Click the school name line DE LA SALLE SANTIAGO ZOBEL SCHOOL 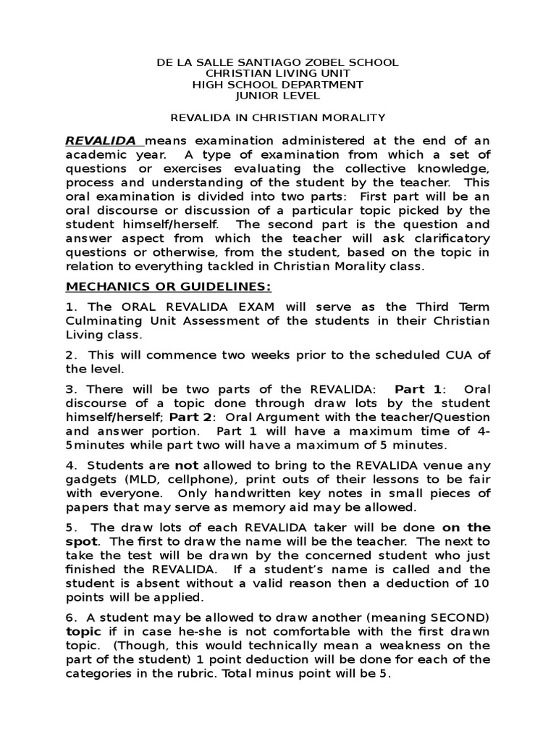pos(278,63)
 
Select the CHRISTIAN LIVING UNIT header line pos(278,74)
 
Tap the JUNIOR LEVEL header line pos(278,96)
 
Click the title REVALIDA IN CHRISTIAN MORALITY pos(278,117)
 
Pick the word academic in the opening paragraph pos(96,154)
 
